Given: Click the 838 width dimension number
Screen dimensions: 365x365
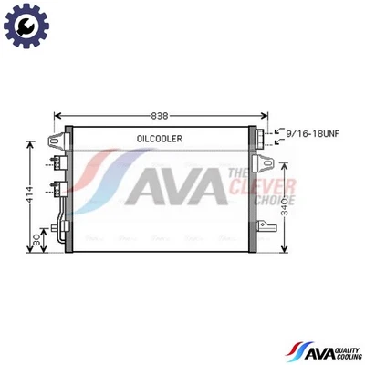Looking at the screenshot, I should point(161,115).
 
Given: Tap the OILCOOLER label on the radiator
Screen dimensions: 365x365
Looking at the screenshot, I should point(161,139).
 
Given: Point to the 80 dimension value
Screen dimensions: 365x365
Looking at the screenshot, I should point(36,243).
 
